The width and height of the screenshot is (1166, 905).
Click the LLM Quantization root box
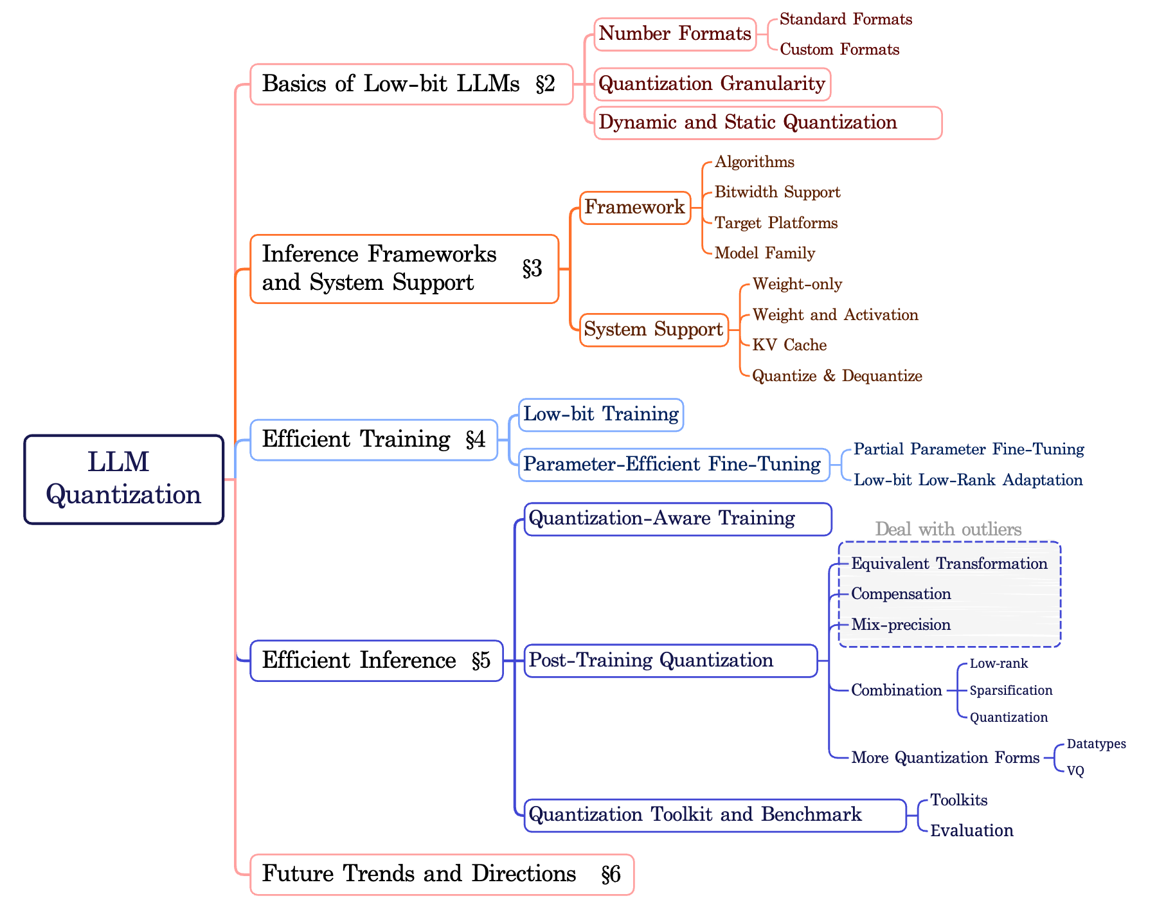point(124,479)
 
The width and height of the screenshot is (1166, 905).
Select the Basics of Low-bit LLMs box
point(411,84)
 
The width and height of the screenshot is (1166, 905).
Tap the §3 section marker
point(532,269)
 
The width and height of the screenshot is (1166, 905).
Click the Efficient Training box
point(373,440)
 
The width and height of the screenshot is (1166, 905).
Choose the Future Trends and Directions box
point(442,874)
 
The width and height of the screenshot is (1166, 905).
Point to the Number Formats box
point(675,34)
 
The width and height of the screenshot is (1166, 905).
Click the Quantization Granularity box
point(712,84)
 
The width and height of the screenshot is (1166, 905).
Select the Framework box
point(635,208)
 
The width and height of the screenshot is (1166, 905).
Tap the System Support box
point(654,330)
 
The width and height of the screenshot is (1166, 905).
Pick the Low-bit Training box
point(601,415)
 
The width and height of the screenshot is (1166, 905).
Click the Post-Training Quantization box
point(671,660)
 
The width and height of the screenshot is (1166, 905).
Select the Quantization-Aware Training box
point(678,519)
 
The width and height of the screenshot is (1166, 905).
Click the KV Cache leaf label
point(789,345)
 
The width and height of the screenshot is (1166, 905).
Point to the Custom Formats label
point(839,49)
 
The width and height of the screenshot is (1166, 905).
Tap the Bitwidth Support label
point(777,192)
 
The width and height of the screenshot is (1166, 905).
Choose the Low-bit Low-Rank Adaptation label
point(968,480)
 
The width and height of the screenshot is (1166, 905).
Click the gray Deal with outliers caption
point(948,530)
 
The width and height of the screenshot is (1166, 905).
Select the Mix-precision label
point(901,625)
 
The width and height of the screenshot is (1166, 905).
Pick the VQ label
point(1075,771)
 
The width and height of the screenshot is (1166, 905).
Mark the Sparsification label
point(1010,690)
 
